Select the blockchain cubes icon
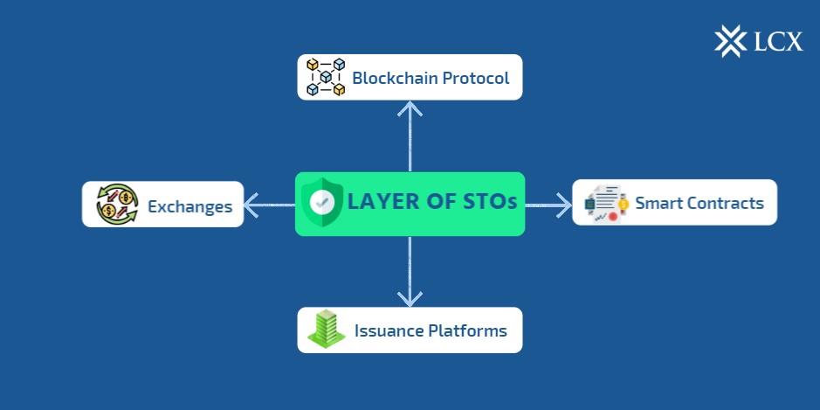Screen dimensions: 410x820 326,77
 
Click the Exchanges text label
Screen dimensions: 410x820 189,207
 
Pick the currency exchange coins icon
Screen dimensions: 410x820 116,205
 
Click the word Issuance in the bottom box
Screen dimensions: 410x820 389,331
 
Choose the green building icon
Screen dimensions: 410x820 326,330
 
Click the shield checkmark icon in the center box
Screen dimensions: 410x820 322,202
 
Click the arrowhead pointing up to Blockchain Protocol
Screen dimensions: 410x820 410,108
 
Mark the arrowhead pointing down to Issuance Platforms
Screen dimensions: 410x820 410,298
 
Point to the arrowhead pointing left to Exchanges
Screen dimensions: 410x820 252,205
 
